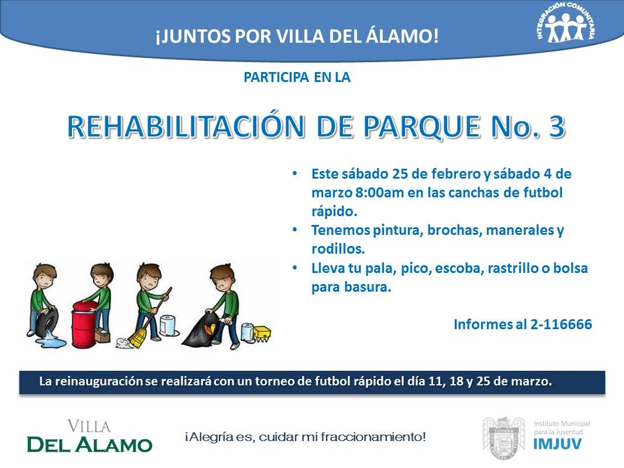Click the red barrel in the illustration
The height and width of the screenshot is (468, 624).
(x=84, y=324)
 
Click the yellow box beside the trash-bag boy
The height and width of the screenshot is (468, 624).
(x=262, y=333)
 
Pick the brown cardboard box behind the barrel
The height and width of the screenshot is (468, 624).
(x=102, y=336)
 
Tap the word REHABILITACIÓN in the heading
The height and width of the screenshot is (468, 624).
(x=186, y=126)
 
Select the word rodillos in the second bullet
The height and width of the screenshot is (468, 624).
(x=338, y=249)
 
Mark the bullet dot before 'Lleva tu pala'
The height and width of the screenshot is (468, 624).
(x=295, y=268)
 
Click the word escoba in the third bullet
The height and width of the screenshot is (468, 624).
(x=458, y=268)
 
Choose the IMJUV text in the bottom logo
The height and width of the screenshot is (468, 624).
(x=557, y=444)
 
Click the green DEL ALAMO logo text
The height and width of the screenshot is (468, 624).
(x=90, y=445)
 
